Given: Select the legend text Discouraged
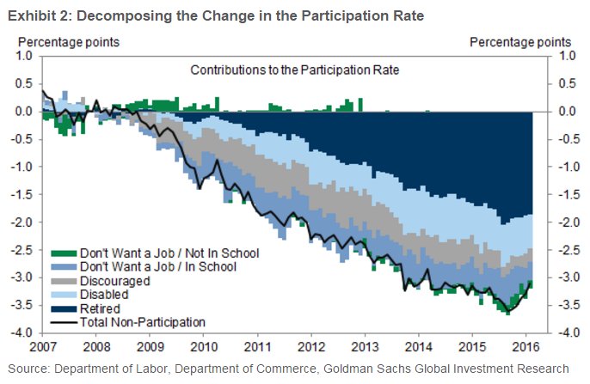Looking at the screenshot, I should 114,281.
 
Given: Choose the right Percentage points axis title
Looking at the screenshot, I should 520,40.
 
